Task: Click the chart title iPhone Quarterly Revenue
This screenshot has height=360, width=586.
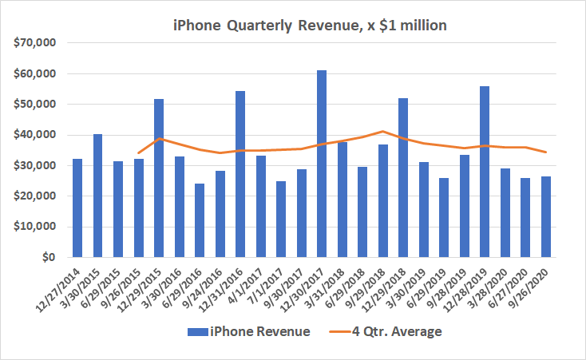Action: [x=310, y=26]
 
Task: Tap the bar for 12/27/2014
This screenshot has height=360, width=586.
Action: [x=77, y=208]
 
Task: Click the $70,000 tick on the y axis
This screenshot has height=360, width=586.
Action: [x=33, y=43]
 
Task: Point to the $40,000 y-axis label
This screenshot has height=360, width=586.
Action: [x=33, y=135]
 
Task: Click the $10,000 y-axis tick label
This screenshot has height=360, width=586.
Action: [x=33, y=227]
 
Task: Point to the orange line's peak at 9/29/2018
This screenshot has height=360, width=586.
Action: [x=383, y=131]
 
